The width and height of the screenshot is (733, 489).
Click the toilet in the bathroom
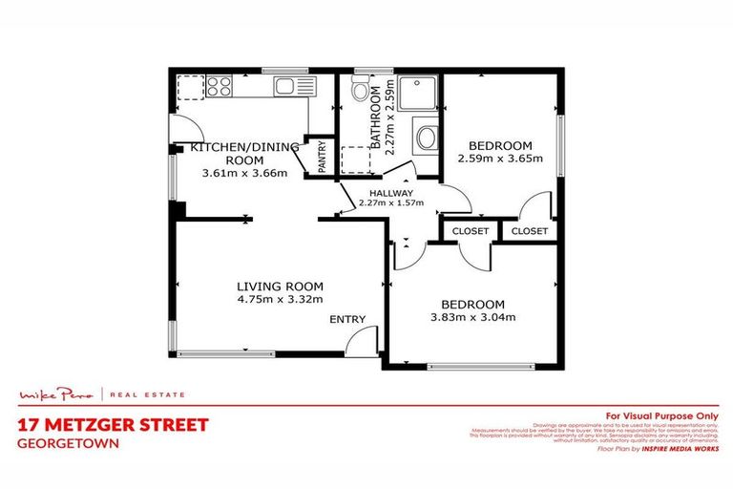pyautogui.click(x=358, y=91)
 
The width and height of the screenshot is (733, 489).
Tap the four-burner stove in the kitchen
pyautogui.click(x=218, y=87)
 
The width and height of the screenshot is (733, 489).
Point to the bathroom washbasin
pyautogui.click(x=425, y=137)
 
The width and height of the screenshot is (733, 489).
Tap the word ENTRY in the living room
pyautogui.click(x=345, y=319)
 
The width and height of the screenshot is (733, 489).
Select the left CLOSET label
pyautogui.click(x=470, y=231)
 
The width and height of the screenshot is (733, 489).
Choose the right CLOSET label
pyautogui.click(x=529, y=231)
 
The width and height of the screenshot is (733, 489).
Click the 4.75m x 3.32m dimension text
pyautogui.click(x=280, y=300)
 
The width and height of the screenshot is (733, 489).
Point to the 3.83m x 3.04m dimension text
pyautogui.click(x=471, y=317)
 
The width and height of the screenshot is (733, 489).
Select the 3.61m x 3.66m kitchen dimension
pyautogui.click(x=244, y=173)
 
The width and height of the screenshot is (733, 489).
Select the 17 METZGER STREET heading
pyautogui.click(x=112, y=425)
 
